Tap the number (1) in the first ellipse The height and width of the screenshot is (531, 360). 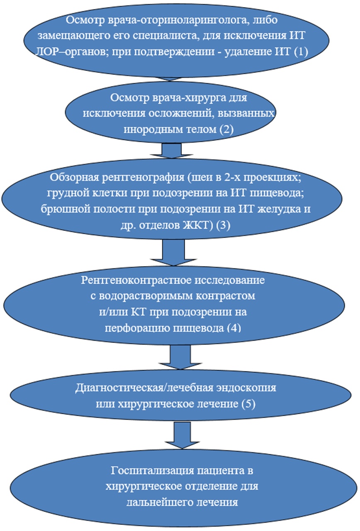click(301, 51)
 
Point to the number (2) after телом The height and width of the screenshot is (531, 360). click(226, 129)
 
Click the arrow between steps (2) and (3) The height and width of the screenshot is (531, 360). click(171, 150)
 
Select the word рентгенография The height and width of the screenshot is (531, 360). click(143, 177)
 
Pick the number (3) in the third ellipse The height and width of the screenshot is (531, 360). click(223, 225)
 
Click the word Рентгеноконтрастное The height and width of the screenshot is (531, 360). click(136, 280)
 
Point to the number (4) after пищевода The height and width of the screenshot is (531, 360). click(234, 327)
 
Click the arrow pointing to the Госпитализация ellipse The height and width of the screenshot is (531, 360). click(182, 435)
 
